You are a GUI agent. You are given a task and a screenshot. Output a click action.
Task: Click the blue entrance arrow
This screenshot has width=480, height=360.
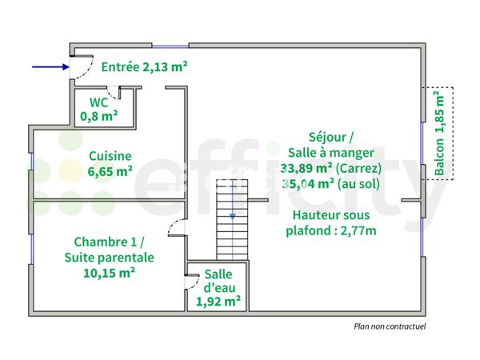point(50,67)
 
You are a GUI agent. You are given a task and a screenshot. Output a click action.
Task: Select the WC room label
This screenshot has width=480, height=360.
point(98,102)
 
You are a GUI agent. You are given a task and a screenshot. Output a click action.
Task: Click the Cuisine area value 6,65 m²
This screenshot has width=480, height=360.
point(110,170)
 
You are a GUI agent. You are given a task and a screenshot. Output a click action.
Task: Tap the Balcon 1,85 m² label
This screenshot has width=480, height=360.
point(439,133)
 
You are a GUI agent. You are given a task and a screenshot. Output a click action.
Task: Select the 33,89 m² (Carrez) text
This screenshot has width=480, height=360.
point(330,168)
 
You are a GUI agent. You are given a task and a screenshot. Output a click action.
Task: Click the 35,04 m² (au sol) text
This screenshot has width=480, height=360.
point(330,183)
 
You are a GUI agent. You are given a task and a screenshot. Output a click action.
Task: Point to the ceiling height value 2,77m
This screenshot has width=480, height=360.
point(355,231)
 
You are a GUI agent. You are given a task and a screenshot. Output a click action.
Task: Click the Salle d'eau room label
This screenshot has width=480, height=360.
point(218,281)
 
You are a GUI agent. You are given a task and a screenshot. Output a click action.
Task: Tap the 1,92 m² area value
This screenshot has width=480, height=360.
point(218,302)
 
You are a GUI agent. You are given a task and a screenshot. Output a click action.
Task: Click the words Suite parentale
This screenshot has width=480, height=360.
point(110,258)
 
